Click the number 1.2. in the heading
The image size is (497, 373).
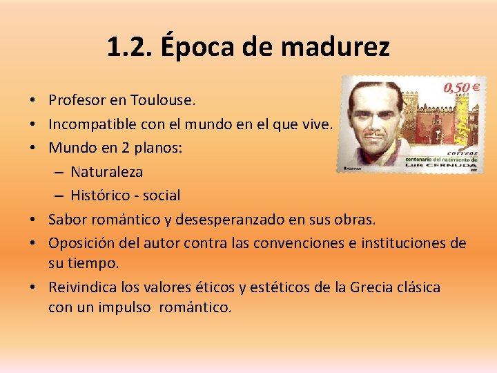pyautogui.click(x=130, y=47)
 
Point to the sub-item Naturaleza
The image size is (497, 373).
pyautogui.click(x=106, y=171)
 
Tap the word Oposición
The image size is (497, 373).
pyautogui.click(x=81, y=243)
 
